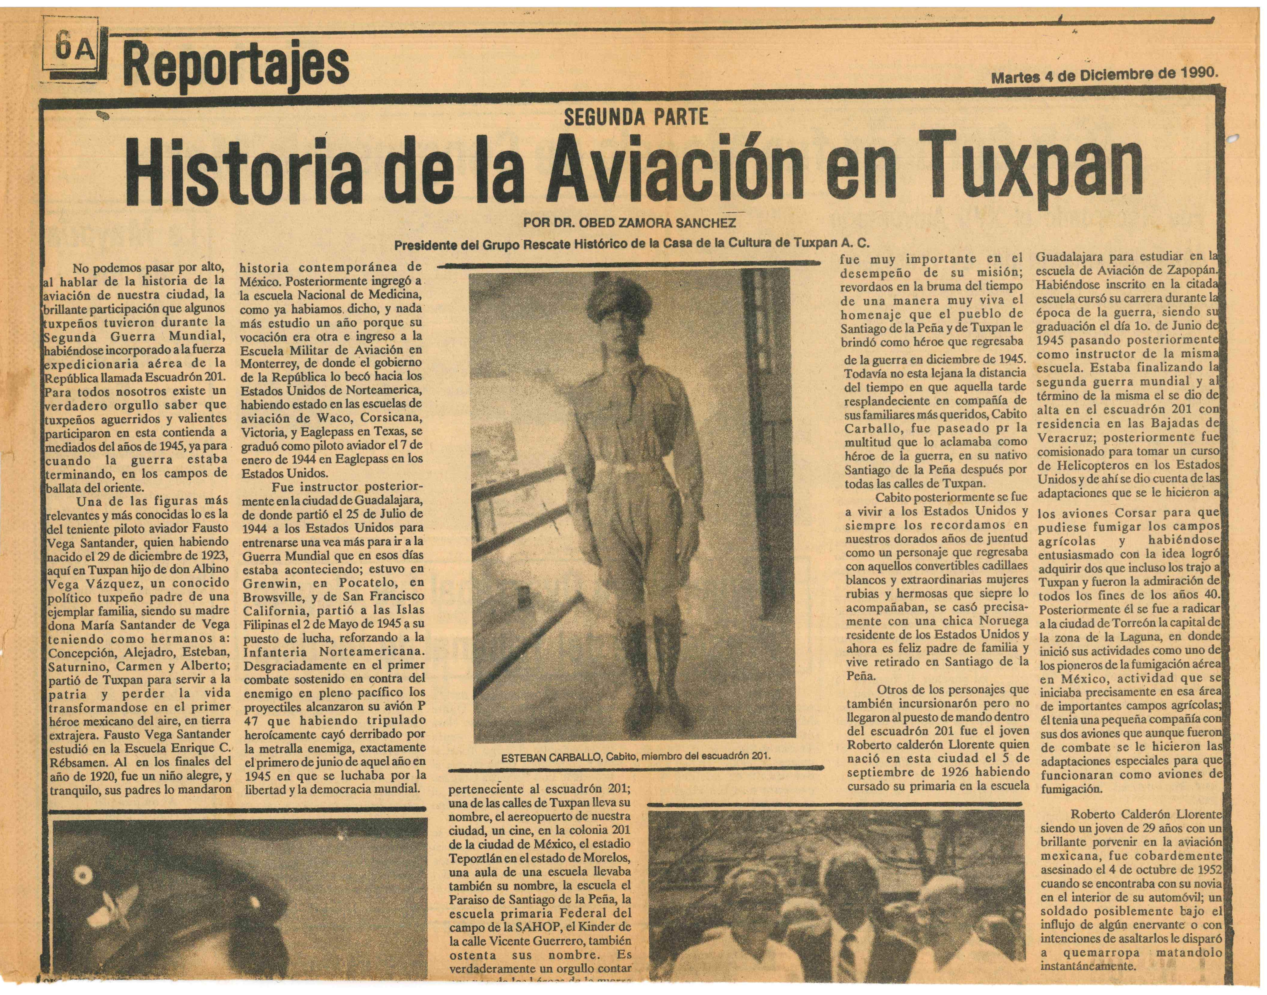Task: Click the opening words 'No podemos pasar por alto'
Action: [149, 268]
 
